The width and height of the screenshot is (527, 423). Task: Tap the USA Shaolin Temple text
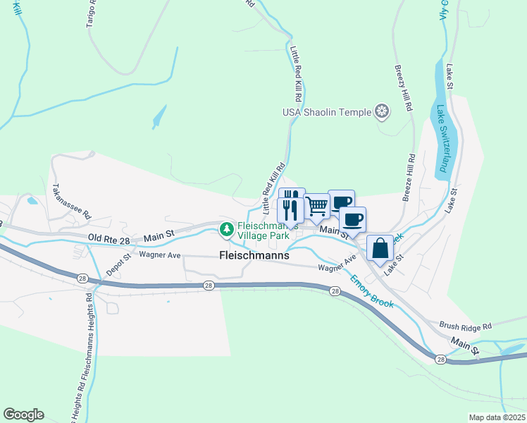click(x=326, y=112)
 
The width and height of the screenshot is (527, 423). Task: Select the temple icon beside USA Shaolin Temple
click(x=382, y=111)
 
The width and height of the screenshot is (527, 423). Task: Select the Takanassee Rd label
click(x=73, y=201)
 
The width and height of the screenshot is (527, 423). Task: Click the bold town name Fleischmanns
click(x=254, y=256)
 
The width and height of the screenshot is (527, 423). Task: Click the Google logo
click(x=23, y=415)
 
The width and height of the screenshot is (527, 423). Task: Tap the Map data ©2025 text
click(x=496, y=417)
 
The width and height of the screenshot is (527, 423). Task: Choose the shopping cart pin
click(x=317, y=206)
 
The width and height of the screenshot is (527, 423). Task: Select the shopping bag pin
click(x=380, y=249)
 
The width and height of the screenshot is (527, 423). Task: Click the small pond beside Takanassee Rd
click(x=32, y=200)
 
